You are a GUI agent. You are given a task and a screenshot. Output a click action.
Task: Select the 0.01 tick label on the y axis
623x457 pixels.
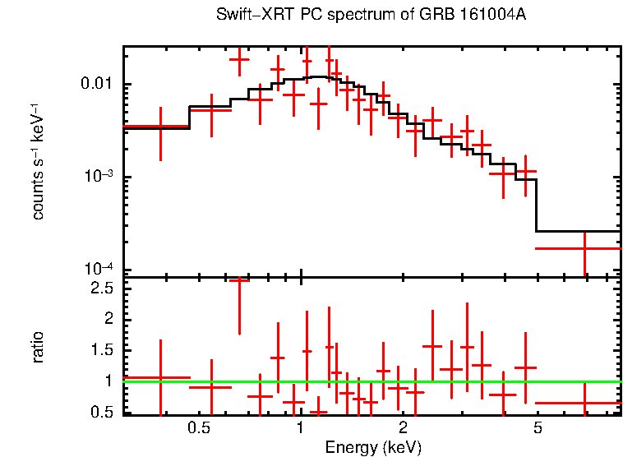pyautogui.click(x=99, y=85)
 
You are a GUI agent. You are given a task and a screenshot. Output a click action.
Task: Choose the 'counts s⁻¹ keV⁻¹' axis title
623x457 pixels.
pyautogui.click(x=38, y=162)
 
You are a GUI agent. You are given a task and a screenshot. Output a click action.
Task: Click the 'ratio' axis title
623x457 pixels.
pyautogui.click(x=38, y=347)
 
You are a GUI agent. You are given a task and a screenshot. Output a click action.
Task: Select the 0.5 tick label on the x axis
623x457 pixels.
pyautogui.click(x=198, y=427)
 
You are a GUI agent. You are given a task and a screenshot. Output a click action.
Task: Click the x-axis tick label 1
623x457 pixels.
pyautogui.click(x=301, y=427)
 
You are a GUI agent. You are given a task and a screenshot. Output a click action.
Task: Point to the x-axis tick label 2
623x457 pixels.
pyautogui.click(x=403, y=427)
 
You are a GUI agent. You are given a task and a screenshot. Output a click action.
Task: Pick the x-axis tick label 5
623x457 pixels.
pyautogui.click(x=538, y=427)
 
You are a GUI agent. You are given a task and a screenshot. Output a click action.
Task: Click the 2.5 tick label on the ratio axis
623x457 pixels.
pyautogui.click(x=103, y=289)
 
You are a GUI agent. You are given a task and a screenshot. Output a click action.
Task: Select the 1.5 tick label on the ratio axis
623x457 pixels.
pyautogui.click(x=103, y=350)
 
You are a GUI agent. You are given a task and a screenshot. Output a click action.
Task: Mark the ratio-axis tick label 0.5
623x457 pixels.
pyautogui.click(x=103, y=412)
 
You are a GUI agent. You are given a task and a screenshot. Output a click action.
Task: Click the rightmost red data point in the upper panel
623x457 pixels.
pyautogui.click(x=584, y=248)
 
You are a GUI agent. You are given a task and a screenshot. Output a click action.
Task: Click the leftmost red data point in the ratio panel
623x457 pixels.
pyautogui.click(x=160, y=378)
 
